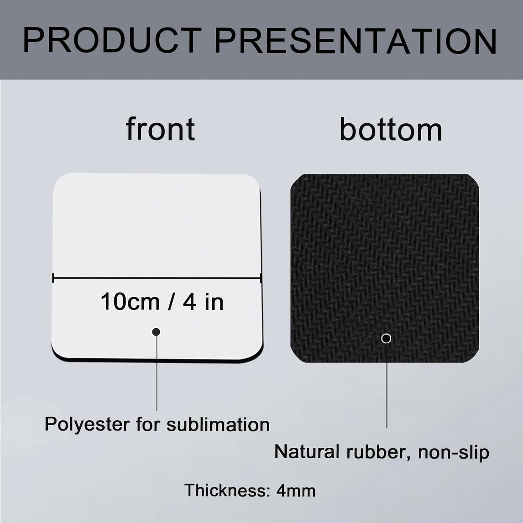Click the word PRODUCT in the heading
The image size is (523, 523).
(112, 41)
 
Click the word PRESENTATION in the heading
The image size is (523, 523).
(355, 41)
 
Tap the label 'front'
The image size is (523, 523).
(160, 129)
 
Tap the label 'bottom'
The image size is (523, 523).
(391, 130)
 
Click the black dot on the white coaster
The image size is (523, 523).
(156, 332)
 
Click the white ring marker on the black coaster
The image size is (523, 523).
(386, 339)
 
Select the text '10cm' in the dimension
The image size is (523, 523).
(130, 302)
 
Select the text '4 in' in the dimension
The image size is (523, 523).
(203, 302)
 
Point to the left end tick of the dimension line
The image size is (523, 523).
(53, 278)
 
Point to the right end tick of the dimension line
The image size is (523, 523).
(261, 278)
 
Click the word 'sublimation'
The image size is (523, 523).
(218, 424)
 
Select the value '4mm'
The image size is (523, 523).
(296, 490)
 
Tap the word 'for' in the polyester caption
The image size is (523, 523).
(148, 424)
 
